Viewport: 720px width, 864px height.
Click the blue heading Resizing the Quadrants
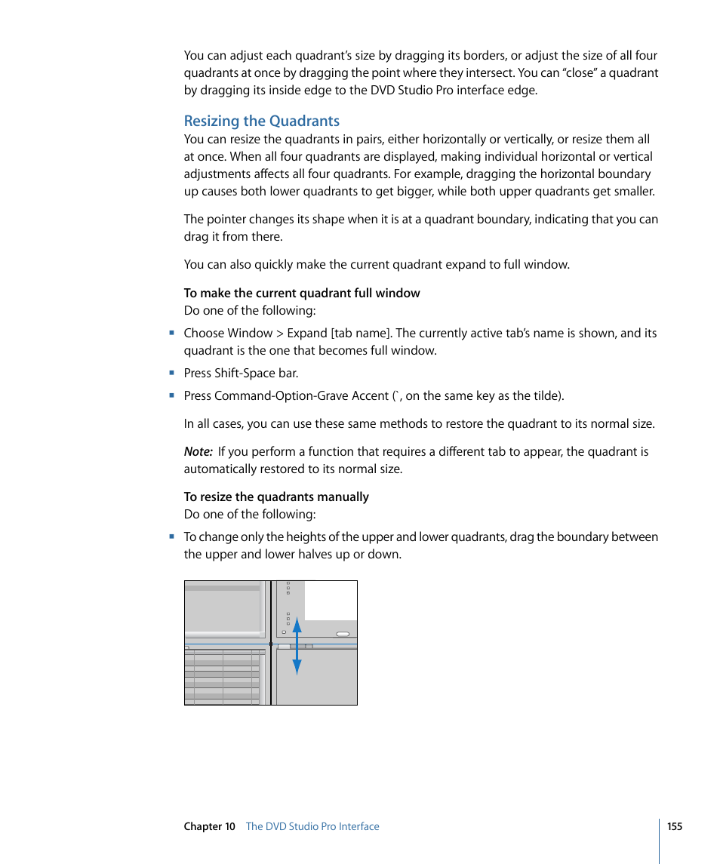[x=261, y=121]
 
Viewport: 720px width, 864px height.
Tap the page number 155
[x=674, y=826]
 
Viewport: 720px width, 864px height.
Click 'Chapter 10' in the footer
[x=209, y=826]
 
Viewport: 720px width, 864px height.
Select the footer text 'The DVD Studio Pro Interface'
[x=312, y=826]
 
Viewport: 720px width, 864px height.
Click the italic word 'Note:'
[x=198, y=452]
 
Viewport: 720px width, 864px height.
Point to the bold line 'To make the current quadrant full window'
[x=302, y=293]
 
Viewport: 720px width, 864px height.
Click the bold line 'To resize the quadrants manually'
[x=276, y=497]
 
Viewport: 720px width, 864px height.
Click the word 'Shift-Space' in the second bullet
[x=245, y=373]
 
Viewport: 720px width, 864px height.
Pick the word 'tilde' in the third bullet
[x=545, y=395]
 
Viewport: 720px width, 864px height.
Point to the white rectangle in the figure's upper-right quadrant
[x=330, y=600]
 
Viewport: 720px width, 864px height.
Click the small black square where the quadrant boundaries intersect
[x=270, y=644]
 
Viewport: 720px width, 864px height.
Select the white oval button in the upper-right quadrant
[x=343, y=634]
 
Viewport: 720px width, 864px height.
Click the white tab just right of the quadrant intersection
[x=285, y=647]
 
